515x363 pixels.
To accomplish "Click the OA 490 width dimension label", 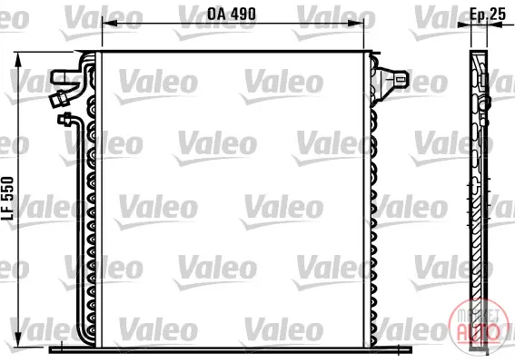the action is pos(232,14).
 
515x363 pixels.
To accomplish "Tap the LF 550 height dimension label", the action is pos(7,198).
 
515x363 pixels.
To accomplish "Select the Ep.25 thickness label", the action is pos(488,14).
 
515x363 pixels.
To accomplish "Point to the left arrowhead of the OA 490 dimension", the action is pos(110,24).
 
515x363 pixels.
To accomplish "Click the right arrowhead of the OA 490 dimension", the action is pos(356,24).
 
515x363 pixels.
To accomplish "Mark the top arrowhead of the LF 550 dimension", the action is pos(18,60).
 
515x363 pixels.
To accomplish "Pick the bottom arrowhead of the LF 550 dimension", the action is pos(18,340).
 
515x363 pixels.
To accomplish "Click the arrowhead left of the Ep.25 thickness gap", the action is pos(464,24).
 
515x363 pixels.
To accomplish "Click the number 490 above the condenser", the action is pos(243,14).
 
